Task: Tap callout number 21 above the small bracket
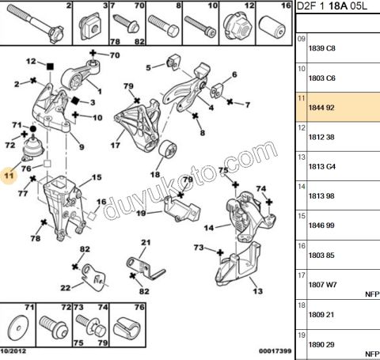pyautogui.click(x=145, y=242)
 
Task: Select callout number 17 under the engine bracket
pyautogui.click(x=116, y=145)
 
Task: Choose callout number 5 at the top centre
pyautogui.click(x=147, y=67)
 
